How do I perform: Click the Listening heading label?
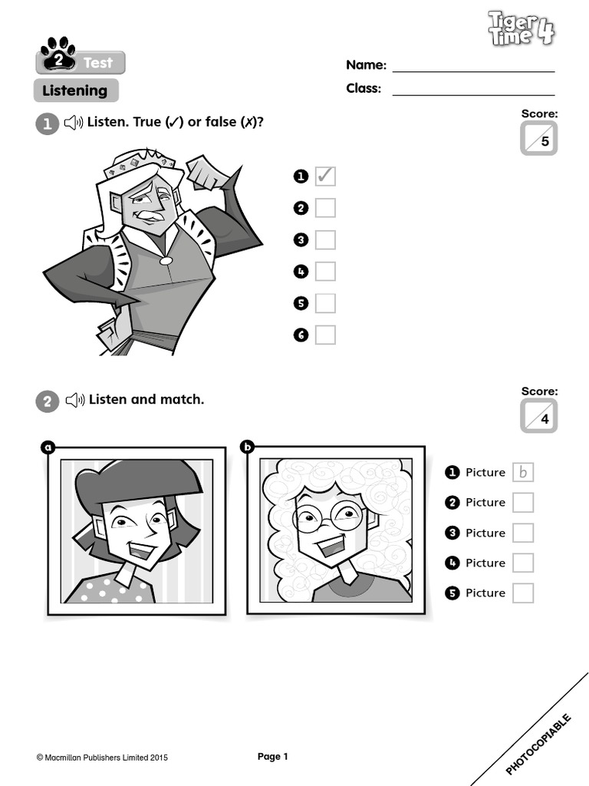pos(75,91)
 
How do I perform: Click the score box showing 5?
pos(538,139)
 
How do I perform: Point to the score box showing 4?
pos(538,417)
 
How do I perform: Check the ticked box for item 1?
pos(325,177)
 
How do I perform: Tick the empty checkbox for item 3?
pos(325,239)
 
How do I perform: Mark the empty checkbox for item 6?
pos(325,335)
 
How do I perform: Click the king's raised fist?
pos(206,173)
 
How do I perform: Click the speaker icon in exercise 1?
pos(73,123)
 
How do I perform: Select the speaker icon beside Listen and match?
pos(74,400)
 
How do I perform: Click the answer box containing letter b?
pos(523,472)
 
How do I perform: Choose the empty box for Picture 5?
pos(523,593)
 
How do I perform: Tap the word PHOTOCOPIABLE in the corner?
pos(538,743)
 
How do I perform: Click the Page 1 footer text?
pos(272,757)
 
